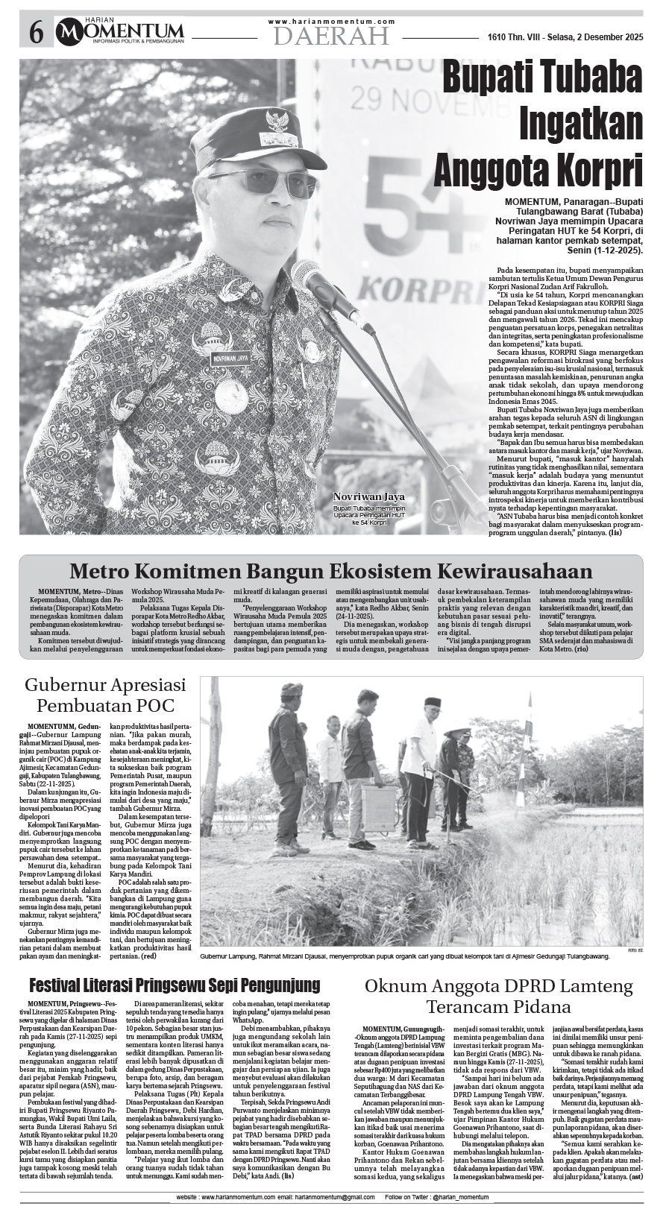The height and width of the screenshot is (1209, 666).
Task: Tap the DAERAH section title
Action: [331, 35]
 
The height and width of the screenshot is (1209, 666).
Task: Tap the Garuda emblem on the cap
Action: [278, 120]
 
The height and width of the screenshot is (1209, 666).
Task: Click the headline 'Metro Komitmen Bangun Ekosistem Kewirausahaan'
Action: [331, 572]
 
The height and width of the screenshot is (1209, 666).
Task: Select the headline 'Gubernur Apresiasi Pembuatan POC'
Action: [105, 695]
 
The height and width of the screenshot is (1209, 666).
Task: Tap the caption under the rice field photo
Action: [405, 956]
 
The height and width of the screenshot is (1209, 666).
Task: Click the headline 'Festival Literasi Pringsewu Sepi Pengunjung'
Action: [175, 985]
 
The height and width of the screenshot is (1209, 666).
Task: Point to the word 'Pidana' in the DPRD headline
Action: [541, 1007]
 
